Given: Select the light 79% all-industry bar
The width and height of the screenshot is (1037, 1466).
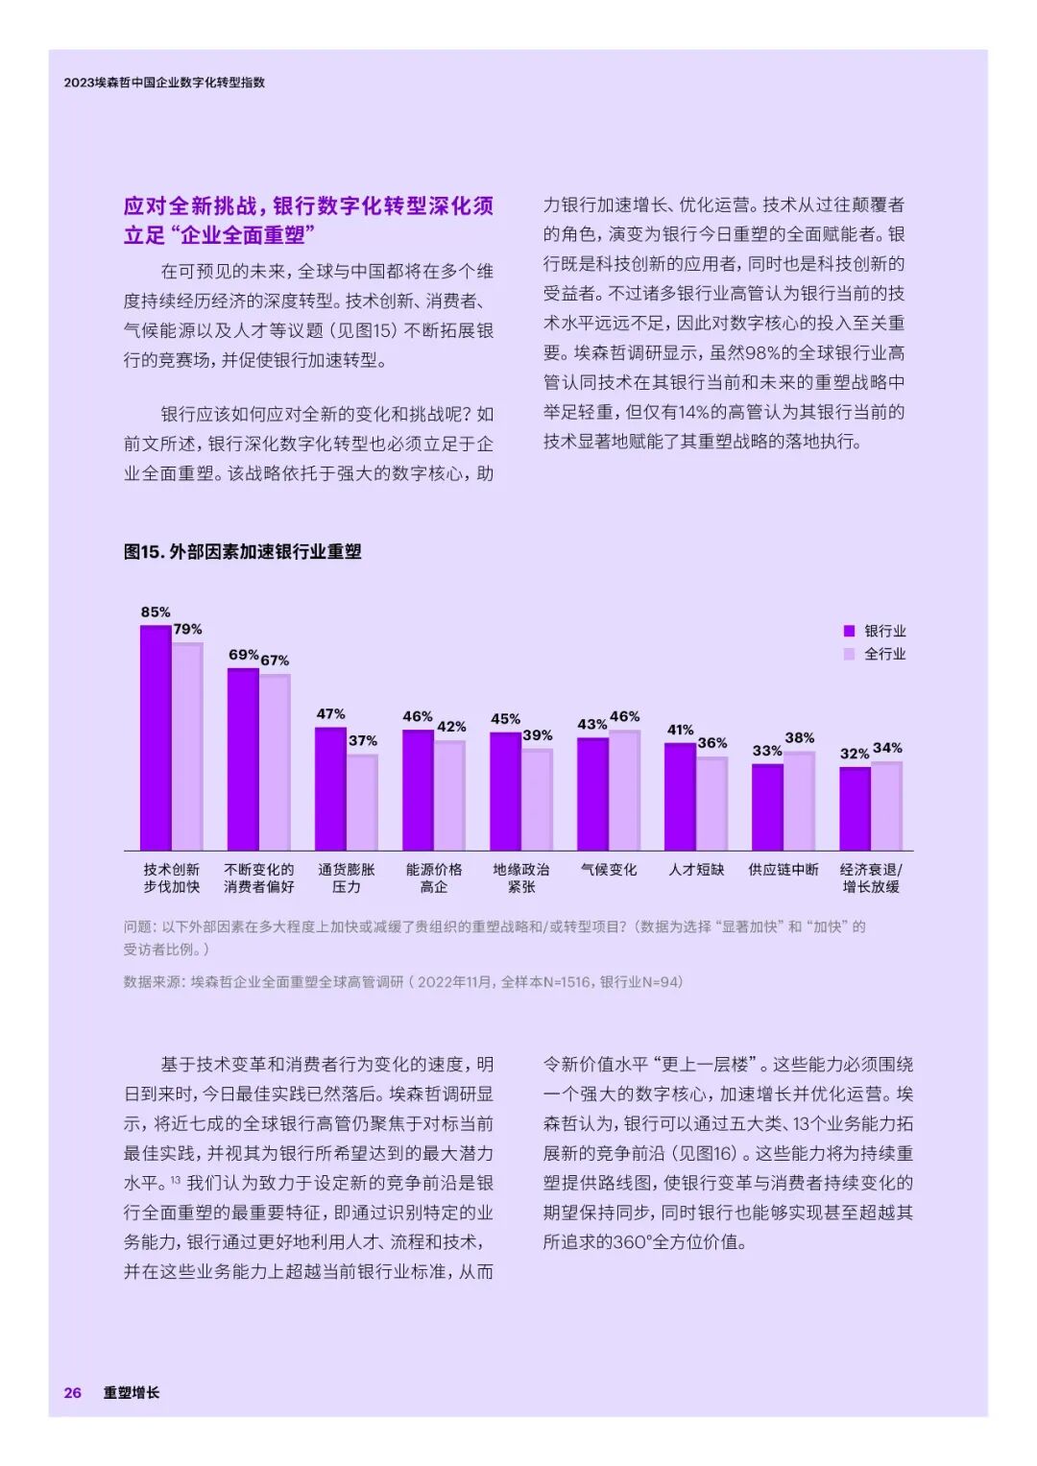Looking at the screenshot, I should pyautogui.click(x=187, y=746).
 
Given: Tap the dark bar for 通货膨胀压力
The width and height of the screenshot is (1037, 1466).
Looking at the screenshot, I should pyautogui.click(x=330, y=788).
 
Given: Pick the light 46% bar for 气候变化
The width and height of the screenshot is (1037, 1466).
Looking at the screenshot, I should pyautogui.click(x=624, y=790).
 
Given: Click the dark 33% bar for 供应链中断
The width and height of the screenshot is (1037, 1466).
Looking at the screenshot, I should pyautogui.click(x=767, y=806).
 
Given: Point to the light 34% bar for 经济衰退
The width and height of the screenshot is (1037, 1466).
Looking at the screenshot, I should pyautogui.click(x=886, y=805).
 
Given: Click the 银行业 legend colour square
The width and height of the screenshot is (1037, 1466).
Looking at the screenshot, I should pyautogui.click(x=849, y=631).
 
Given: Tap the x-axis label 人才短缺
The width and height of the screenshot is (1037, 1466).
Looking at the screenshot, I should pyautogui.click(x=696, y=870).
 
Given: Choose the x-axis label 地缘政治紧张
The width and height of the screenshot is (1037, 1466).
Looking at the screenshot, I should pyautogui.click(x=521, y=877).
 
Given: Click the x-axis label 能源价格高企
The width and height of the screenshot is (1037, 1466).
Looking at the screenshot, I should pyautogui.click(x=434, y=877).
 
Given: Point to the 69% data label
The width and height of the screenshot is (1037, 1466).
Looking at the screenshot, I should pyautogui.click(x=243, y=655).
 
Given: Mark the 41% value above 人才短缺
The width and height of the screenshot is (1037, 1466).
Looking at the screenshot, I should pyautogui.click(x=680, y=731).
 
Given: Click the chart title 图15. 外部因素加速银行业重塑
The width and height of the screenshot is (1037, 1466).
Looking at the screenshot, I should pyautogui.click(x=242, y=552).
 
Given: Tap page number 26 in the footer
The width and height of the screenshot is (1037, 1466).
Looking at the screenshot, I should pyautogui.click(x=73, y=1392).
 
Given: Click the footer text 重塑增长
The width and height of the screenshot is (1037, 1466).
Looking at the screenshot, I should pyautogui.click(x=132, y=1392).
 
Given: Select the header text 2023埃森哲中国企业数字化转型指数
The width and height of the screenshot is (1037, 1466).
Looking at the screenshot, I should pyautogui.click(x=164, y=83).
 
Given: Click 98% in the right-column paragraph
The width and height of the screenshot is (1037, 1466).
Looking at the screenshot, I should pyautogui.click(x=764, y=353).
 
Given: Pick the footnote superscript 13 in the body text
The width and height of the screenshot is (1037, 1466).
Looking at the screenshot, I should pyautogui.click(x=176, y=1180).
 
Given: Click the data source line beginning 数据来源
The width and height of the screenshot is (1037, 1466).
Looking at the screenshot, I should pyautogui.click(x=403, y=982).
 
